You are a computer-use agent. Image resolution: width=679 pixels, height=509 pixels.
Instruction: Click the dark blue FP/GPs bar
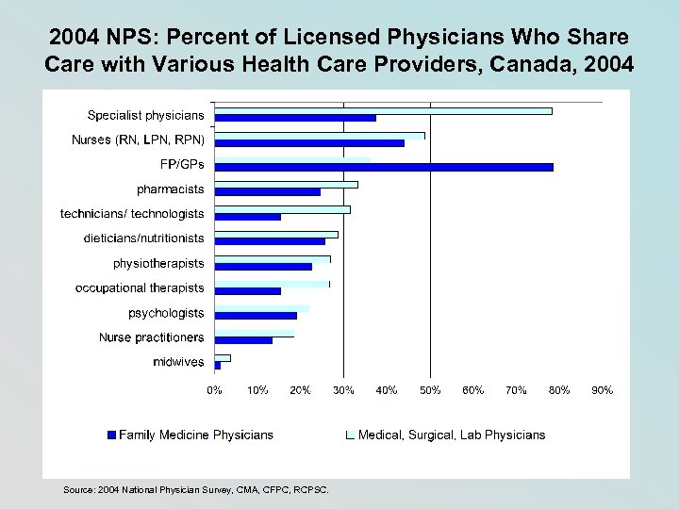[x=384, y=167]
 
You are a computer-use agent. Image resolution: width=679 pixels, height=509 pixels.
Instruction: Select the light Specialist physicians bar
[x=383, y=111]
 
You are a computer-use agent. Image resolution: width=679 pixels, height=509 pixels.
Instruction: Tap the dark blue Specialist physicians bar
[x=295, y=118]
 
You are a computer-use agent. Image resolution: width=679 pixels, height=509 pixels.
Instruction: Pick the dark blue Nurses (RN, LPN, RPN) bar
[x=309, y=143]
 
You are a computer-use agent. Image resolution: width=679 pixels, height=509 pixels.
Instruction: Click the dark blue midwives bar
[x=218, y=365]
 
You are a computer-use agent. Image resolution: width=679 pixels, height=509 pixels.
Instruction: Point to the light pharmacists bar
[x=286, y=185]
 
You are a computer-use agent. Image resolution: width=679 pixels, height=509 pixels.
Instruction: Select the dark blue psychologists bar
[x=256, y=316]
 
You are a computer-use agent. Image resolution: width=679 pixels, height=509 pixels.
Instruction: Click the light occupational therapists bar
[x=272, y=284]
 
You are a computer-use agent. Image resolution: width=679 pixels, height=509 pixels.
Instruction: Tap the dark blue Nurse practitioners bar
[x=243, y=340]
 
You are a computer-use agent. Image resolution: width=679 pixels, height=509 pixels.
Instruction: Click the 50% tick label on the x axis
[x=430, y=389]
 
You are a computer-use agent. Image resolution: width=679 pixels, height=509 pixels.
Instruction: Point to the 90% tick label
[x=602, y=389]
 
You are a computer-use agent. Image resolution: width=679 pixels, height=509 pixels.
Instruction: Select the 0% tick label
[x=215, y=389]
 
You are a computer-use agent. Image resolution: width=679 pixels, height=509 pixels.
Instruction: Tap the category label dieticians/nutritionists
[x=143, y=239]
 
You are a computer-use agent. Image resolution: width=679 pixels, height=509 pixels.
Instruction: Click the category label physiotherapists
[x=158, y=264]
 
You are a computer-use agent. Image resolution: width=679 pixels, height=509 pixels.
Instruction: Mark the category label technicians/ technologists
[x=132, y=215]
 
